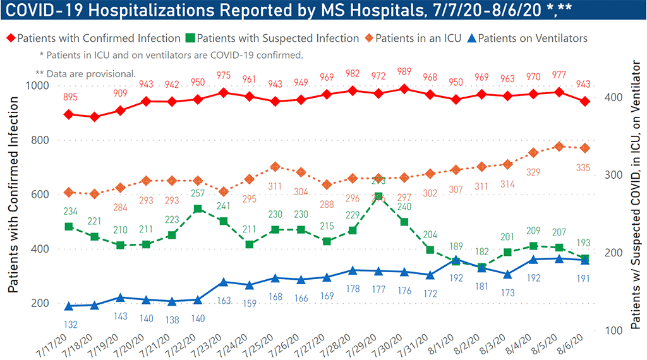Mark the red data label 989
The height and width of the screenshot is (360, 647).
[x=404, y=71]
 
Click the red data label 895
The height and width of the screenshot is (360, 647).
[x=70, y=96]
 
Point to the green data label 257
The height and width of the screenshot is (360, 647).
[x=198, y=193]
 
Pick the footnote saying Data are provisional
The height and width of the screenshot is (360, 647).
[x=86, y=73]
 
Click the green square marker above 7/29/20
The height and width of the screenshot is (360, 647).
[x=378, y=197]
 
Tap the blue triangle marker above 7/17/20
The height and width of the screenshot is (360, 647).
[x=69, y=306]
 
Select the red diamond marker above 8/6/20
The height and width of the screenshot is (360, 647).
[x=585, y=101]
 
